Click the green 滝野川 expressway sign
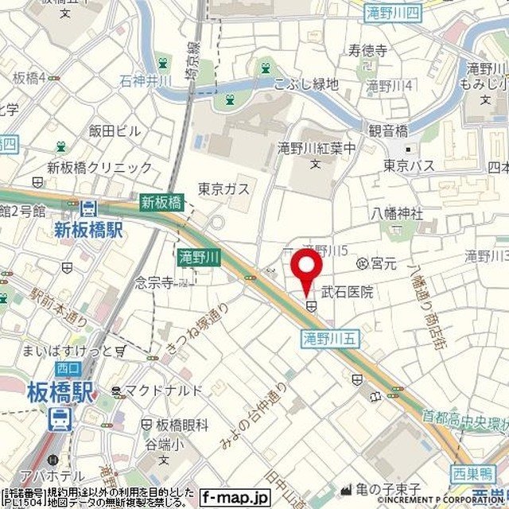193,256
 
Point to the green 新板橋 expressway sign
161,203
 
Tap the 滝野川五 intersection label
332,339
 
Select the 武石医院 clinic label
347,293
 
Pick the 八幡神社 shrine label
397,213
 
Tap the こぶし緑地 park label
306,84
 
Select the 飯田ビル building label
115,131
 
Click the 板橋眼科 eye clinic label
182,425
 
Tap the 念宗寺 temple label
154,282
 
